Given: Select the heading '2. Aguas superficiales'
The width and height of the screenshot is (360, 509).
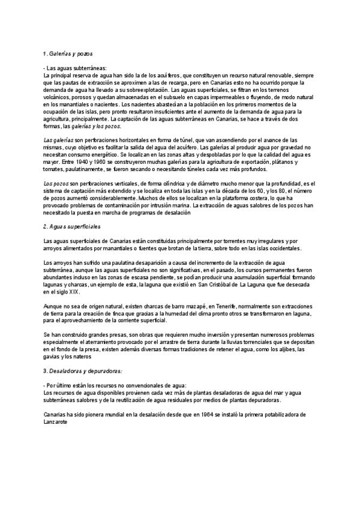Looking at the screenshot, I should click(x=72, y=227).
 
